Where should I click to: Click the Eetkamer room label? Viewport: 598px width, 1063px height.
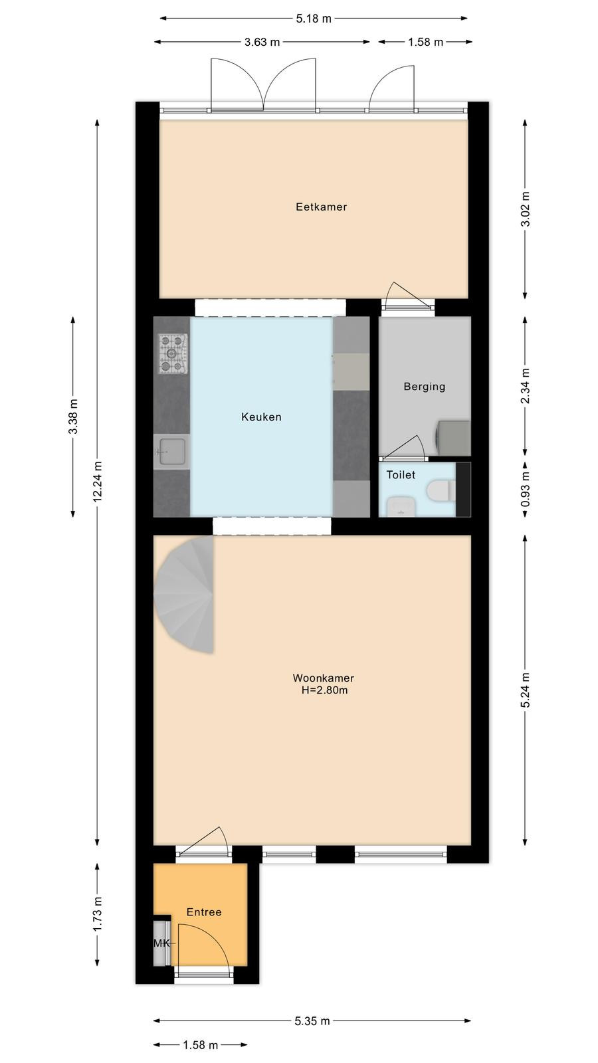(x=322, y=207)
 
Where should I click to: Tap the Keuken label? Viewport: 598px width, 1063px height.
(x=262, y=417)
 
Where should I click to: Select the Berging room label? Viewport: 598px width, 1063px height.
(x=425, y=387)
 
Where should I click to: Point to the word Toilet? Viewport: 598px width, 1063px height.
(x=401, y=475)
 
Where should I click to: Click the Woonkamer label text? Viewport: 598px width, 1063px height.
(x=323, y=678)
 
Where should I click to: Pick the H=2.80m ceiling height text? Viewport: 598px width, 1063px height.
(x=325, y=690)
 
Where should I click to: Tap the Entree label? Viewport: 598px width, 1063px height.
(x=204, y=912)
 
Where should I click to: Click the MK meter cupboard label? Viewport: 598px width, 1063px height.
(x=162, y=943)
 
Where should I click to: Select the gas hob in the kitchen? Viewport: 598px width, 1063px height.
(x=173, y=353)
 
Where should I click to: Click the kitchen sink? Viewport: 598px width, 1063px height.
(x=171, y=451)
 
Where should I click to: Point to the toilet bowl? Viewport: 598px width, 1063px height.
(x=441, y=491)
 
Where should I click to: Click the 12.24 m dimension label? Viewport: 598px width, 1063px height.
(x=97, y=482)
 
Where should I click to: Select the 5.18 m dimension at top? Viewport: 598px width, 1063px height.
(x=314, y=19)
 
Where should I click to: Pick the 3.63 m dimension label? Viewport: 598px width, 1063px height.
(x=262, y=43)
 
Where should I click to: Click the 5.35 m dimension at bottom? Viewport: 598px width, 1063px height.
(x=312, y=1021)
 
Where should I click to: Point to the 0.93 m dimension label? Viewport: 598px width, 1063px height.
(x=526, y=489)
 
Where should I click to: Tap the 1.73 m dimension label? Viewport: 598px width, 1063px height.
(x=97, y=914)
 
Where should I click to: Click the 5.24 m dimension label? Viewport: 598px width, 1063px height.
(x=526, y=690)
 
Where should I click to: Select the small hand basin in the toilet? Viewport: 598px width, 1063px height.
(x=401, y=506)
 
